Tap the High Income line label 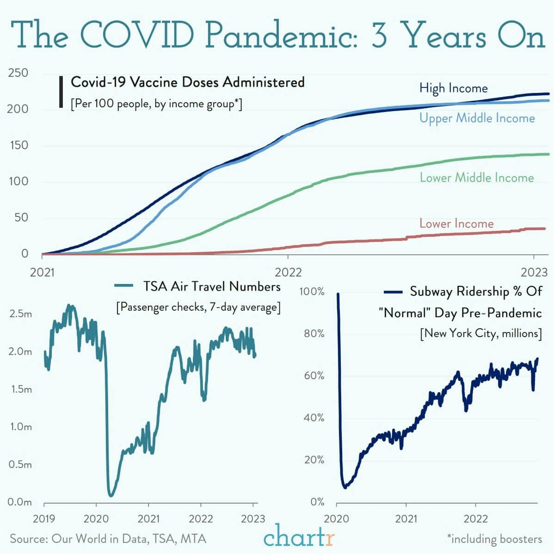pyautogui.click(x=453, y=88)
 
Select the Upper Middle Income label pyautogui.click(x=477, y=118)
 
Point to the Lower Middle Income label pyautogui.click(x=476, y=178)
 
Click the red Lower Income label pyautogui.click(x=456, y=224)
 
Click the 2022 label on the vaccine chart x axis pyautogui.click(x=288, y=271)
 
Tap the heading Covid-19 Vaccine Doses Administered pyautogui.click(x=187, y=82)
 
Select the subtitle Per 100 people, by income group pyautogui.click(x=156, y=104)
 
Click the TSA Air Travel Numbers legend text pyautogui.click(x=211, y=287)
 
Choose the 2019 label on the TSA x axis pyautogui.click(x=44, y=518)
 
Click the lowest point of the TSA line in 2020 pyautogui.click(x=111, y=495)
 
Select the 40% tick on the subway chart pyautogui.click(x=314, y=418)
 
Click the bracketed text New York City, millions pyautogui.click(x=480, y=333)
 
